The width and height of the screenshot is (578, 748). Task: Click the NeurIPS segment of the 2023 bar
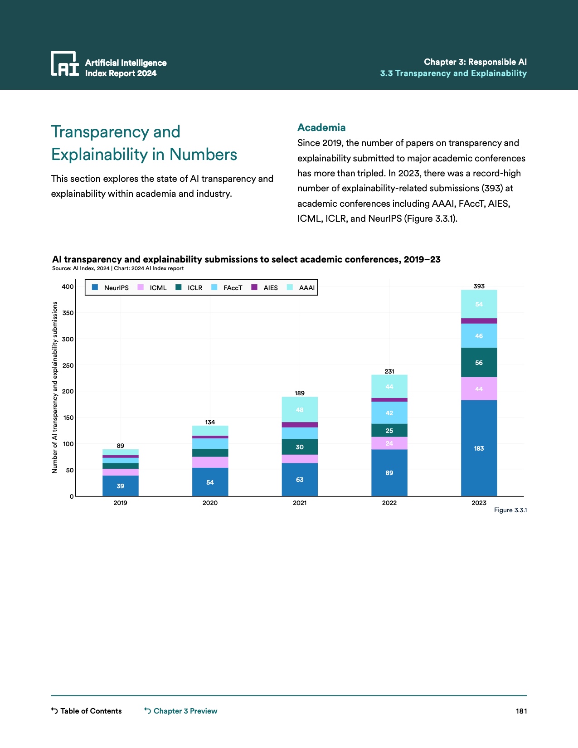point(479,448)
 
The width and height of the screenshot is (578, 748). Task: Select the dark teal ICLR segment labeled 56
point(479,362)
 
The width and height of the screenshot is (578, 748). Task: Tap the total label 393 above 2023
point(479,286)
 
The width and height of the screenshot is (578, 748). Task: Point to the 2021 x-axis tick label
point(299,503)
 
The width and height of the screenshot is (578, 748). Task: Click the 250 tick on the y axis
point(68,365)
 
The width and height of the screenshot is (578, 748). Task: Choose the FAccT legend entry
point(233,288)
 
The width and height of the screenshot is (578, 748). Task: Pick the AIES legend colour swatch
point(254,287)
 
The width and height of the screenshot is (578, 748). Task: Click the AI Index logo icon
point(64,63)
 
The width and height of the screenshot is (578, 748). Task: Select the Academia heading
point(321,127)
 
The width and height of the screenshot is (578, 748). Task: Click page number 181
point(521,711)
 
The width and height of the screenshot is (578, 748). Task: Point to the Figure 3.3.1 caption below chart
point(510,510)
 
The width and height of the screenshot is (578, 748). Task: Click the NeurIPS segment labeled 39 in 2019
point(120,486)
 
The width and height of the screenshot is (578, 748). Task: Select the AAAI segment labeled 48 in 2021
point(299,409)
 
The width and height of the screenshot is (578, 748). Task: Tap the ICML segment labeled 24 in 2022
point(389,443)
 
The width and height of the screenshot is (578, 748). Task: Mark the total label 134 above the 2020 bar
point(210,422)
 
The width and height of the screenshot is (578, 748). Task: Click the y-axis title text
point(55,388)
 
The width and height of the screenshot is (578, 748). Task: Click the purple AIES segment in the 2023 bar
point(479,321)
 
